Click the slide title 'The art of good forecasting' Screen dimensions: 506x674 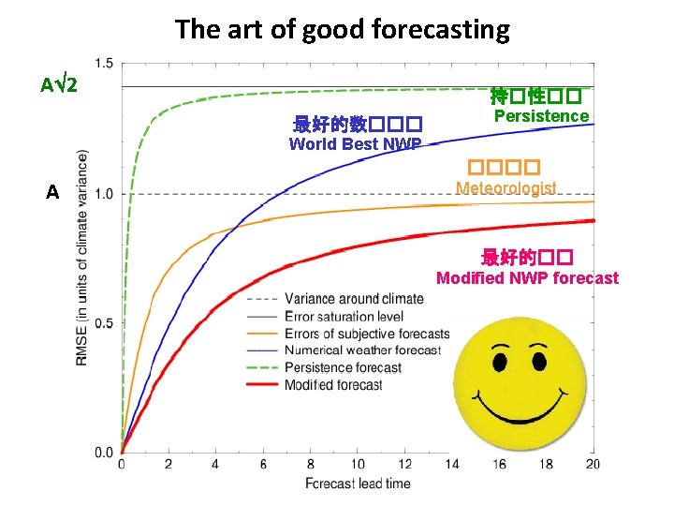click(342, 29)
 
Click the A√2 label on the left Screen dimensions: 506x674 click(65, 85)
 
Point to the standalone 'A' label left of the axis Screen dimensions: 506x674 click(52, 192)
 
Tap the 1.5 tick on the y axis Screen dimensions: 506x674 click(104, 64)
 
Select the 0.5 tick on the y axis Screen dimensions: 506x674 click(104, 323)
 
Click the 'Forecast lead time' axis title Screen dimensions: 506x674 click(358, 484)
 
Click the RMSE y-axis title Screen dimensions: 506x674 click(82, 258)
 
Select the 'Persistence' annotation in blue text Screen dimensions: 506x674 click(541, 116)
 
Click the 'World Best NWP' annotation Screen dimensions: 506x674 click(355, 144)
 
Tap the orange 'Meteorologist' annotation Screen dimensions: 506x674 click(505, 188)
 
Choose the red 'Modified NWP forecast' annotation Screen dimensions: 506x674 click(527, 278)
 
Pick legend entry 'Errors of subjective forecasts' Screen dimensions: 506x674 click(366, 334)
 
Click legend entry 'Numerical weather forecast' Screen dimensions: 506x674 click(361, 350)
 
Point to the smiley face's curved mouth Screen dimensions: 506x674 click(515, 408)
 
